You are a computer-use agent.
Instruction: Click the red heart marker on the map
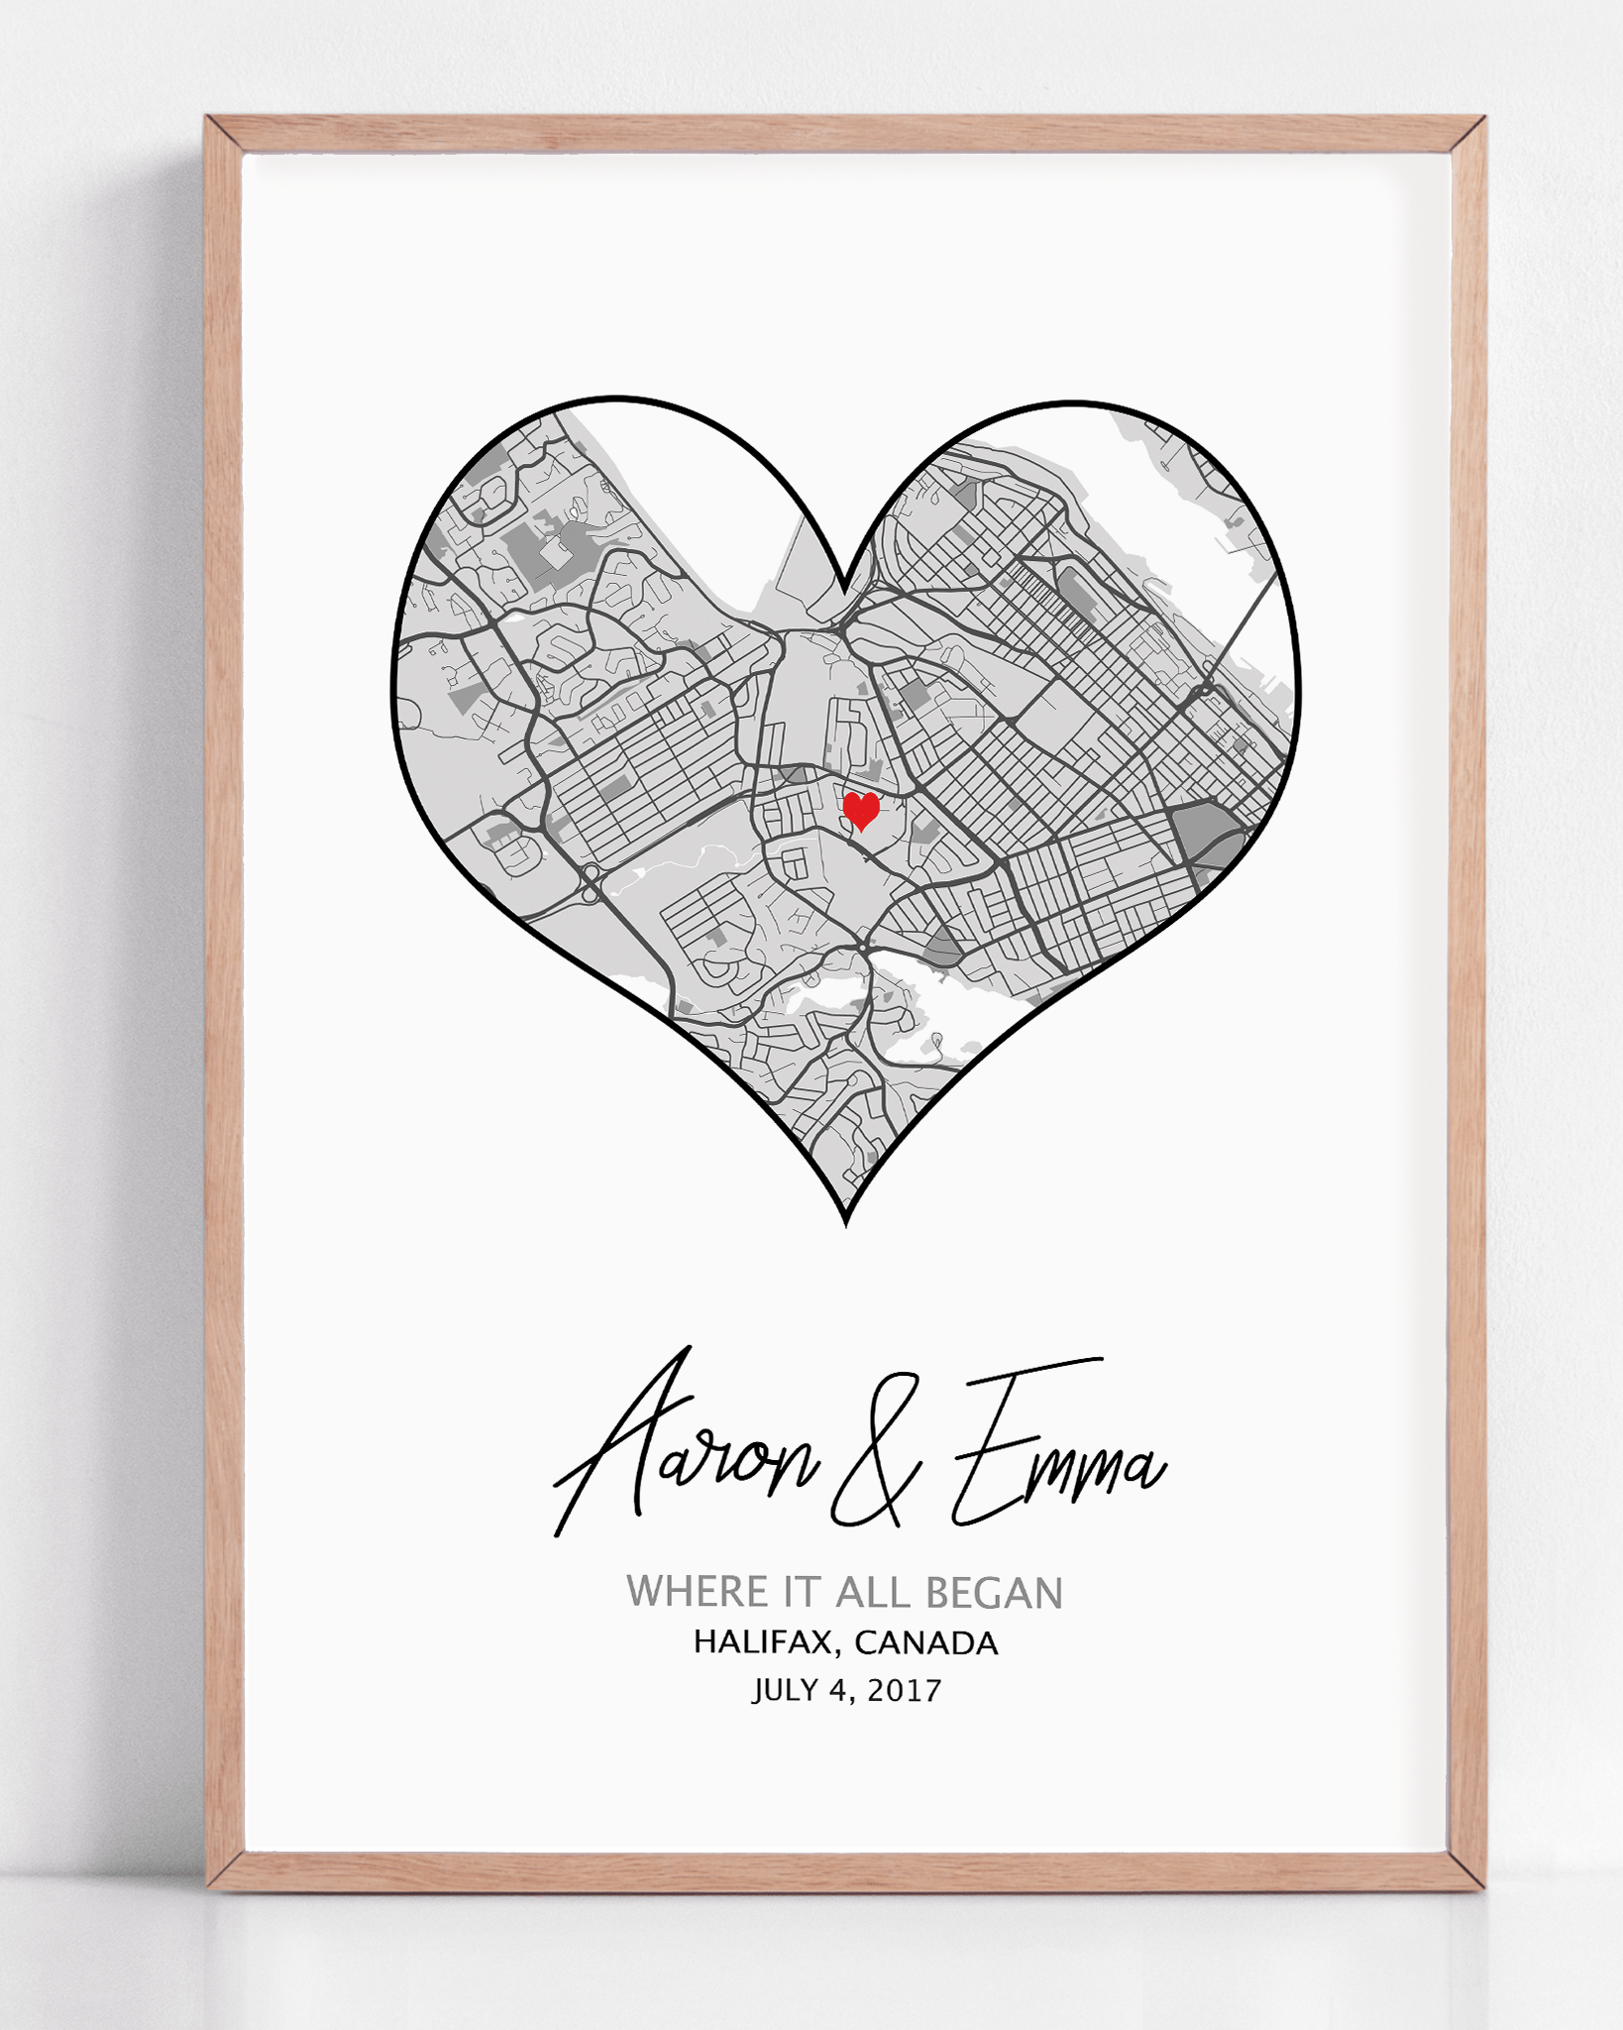pos(861,810)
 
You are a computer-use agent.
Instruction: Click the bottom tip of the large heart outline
pos(845,1223)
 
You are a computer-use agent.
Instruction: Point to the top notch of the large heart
pos(844,591)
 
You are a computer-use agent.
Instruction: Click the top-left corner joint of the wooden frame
pos(224,135)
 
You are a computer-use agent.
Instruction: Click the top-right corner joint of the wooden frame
pos(1467,135)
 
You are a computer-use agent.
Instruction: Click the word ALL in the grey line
pos(872,1593)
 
